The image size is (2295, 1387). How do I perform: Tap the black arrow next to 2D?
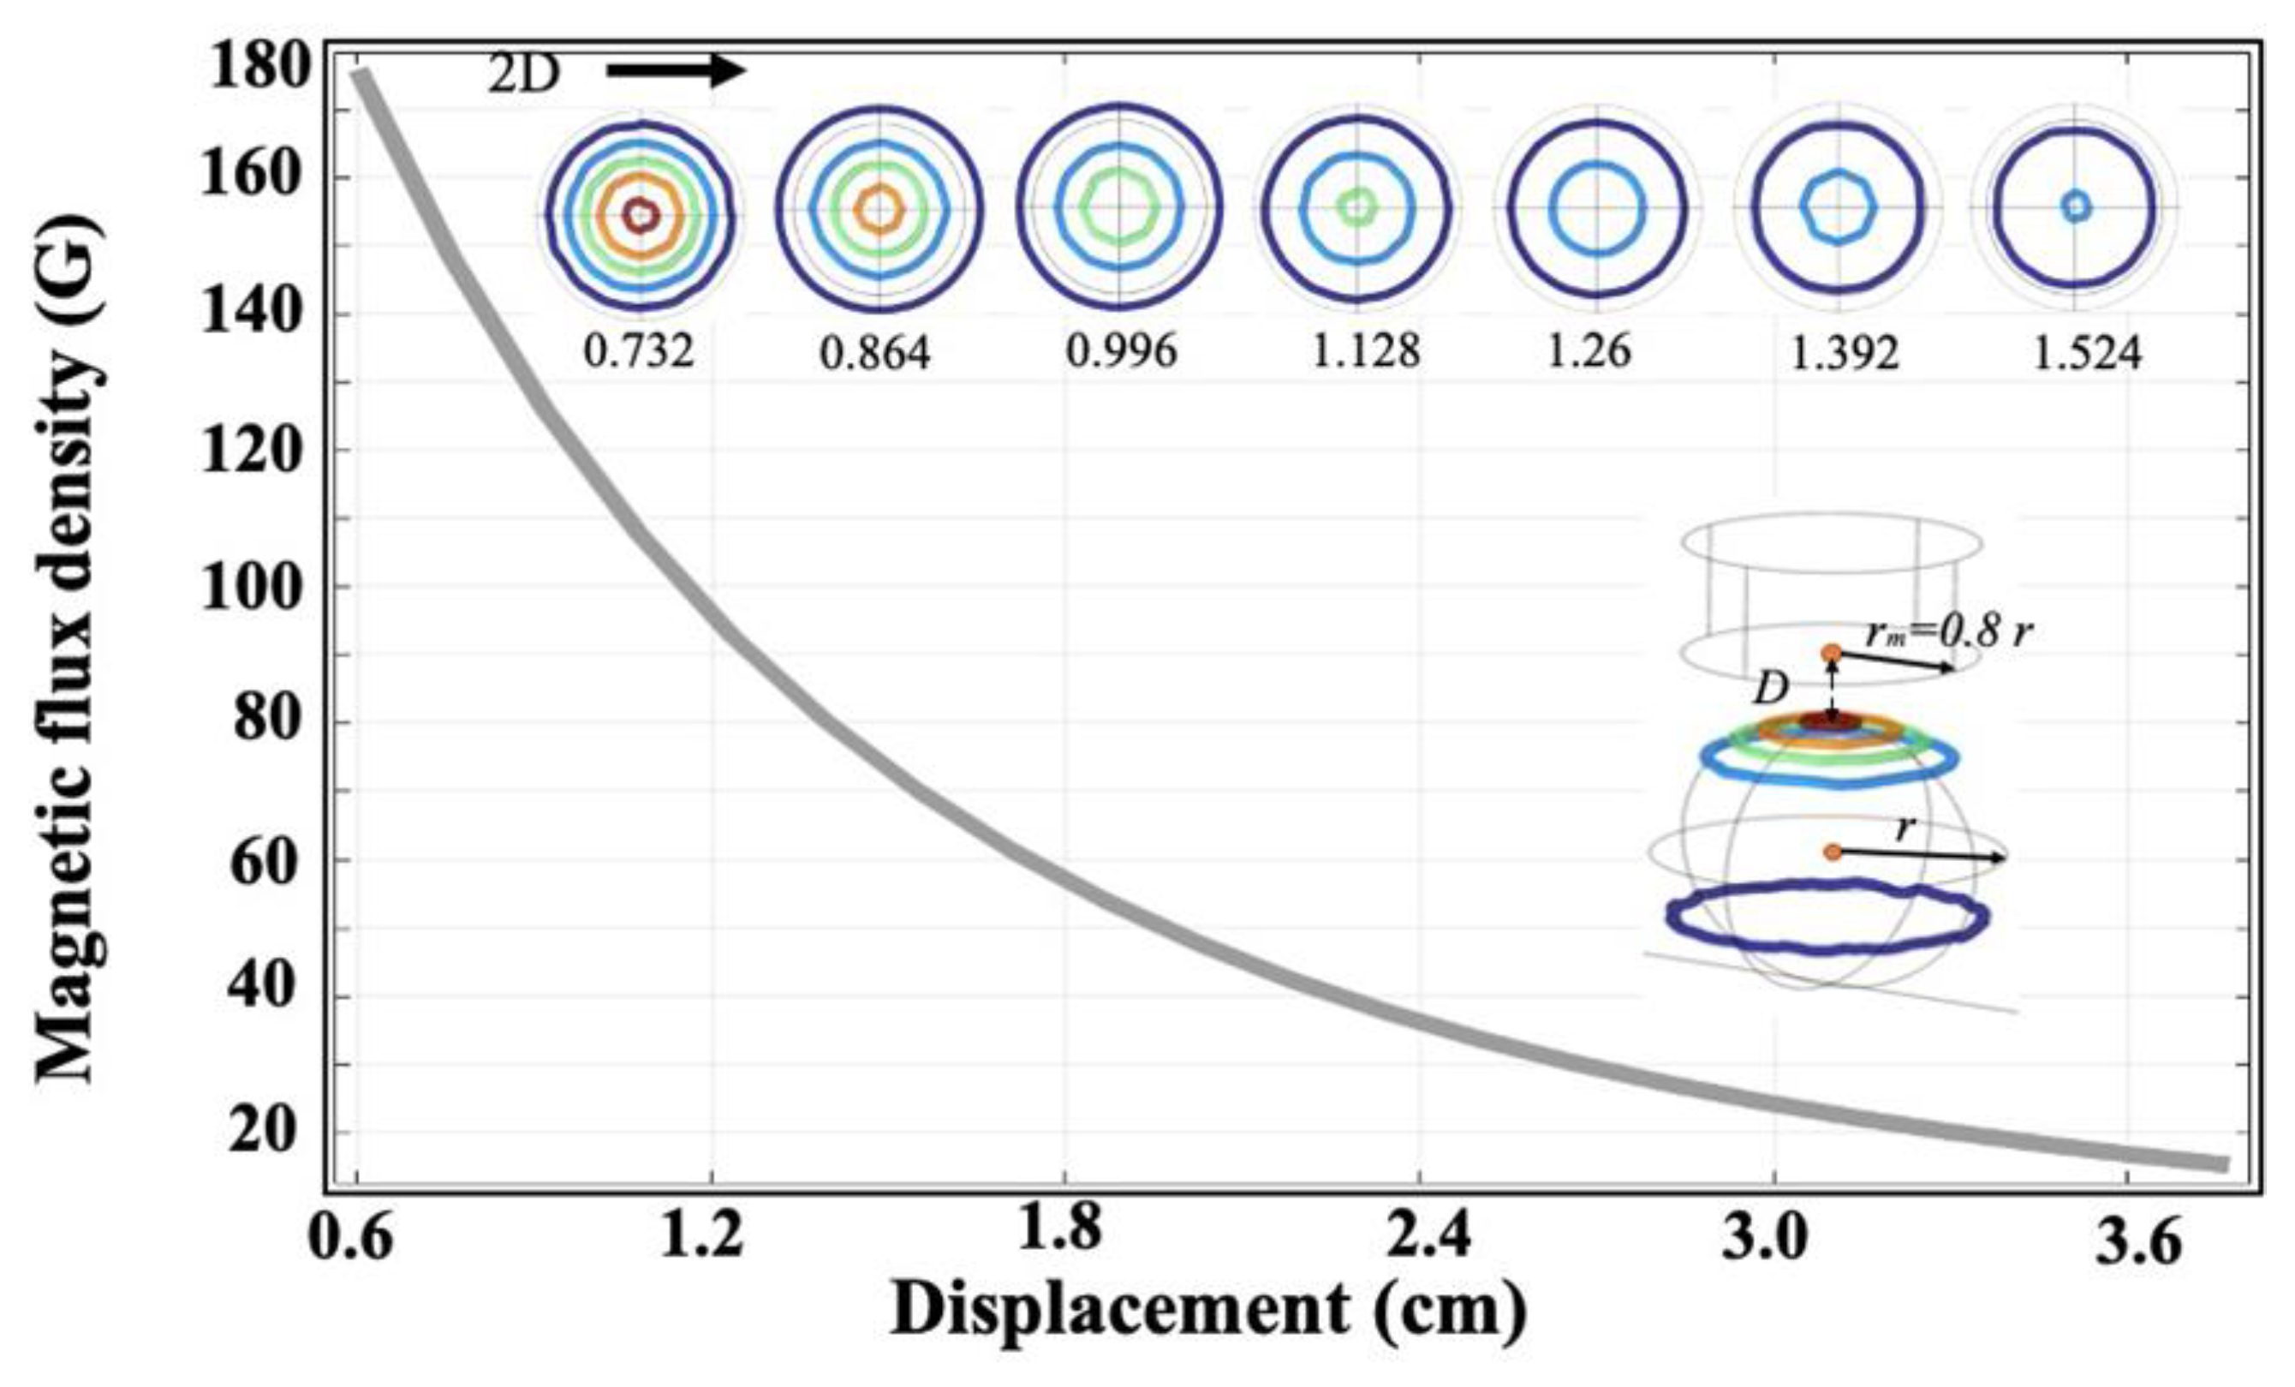pos(676,71)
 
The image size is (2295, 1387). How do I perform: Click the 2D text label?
pos(523,75)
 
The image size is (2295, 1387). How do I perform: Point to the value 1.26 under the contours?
pos(1589,351)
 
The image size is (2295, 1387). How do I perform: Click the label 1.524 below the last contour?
pos(2087,355)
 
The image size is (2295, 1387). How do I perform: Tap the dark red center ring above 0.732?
pos(640,216)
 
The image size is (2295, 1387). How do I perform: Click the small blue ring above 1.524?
pos(2075,206)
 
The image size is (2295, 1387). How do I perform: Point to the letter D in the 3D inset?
pos(1771,691)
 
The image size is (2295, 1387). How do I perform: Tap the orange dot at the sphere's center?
pos(1832,852)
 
